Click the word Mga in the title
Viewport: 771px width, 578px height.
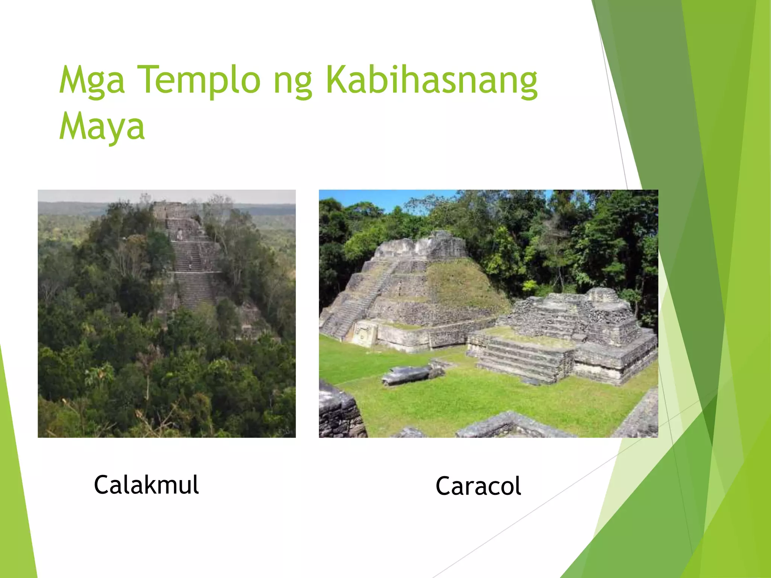(91, 81)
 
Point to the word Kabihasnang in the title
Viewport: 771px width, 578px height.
(431, 81)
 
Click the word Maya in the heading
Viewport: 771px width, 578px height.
(102, 127)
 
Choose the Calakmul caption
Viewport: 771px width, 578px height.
(146, 485)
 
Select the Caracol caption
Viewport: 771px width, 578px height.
(478, 486)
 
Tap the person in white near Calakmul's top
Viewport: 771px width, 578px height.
(180, 235)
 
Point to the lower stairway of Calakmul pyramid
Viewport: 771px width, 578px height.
(194, 290)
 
